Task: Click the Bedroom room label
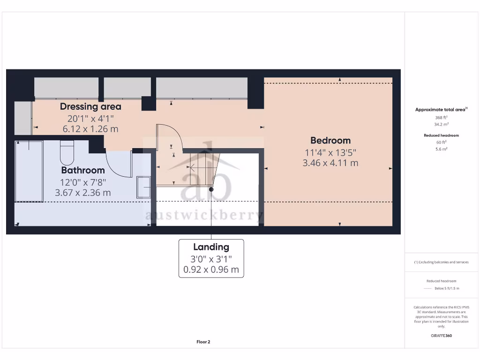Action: click(x=330, y=140)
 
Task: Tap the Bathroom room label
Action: click(x=83, y=170)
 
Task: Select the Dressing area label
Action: click(x=90, y=106)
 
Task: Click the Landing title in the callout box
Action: click(x=211, y=247)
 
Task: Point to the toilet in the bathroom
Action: click(x=67, y=151)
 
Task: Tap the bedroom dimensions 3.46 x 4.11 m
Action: click(x=330, y=163)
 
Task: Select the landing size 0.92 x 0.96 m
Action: click(x=211, y=270)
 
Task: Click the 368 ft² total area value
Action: click(x=441, y=118)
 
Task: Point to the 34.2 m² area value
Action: click(x=441, y=124)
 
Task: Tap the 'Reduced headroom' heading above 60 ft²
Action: click(x=441, y=135)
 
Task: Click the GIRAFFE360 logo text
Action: click(x=441, y=336)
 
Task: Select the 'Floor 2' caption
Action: click(x=203, y=342)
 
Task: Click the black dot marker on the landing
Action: click(x=211, y=189)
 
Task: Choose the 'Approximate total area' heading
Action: click(x=440, y=110)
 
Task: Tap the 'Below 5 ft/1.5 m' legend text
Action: click(x=447, y=288)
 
